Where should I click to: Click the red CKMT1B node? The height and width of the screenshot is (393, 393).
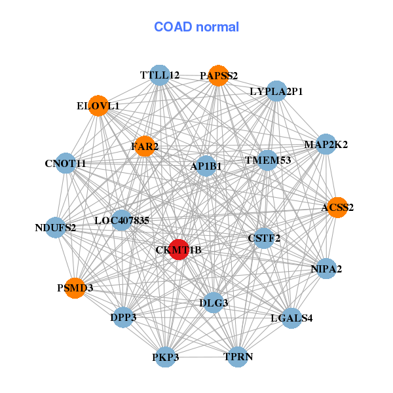[179, 250]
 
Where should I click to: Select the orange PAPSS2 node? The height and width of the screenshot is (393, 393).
[218, 76]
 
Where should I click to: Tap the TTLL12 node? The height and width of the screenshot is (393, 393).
[160, 75]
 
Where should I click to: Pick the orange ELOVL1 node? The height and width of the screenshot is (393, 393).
[98, 105]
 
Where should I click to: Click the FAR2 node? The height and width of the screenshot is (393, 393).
[145, 146]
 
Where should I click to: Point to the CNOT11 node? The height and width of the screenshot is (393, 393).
[65, 163]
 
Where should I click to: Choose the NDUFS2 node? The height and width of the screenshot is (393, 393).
[56, 227]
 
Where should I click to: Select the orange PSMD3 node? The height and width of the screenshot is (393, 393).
[75, 288]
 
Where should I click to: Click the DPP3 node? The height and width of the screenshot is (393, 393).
[123, 317]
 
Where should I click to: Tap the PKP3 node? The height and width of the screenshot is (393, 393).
[166, 357]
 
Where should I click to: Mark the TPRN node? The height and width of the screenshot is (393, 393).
[238, 357]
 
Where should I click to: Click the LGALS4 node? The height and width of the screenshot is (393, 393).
[291, 318]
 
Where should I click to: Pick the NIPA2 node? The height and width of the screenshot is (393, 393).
[326, 269]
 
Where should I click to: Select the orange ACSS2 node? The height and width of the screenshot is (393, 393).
[337, 208]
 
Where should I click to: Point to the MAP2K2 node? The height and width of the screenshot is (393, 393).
[326, 144]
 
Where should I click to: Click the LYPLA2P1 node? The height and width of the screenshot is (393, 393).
[276, 91]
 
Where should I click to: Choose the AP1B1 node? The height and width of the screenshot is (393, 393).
[206, 166]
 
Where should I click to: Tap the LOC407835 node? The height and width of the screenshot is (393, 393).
[122, 220]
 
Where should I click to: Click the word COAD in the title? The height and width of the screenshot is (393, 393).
[173, 27]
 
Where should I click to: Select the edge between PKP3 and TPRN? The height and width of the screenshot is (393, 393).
[202, 357]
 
